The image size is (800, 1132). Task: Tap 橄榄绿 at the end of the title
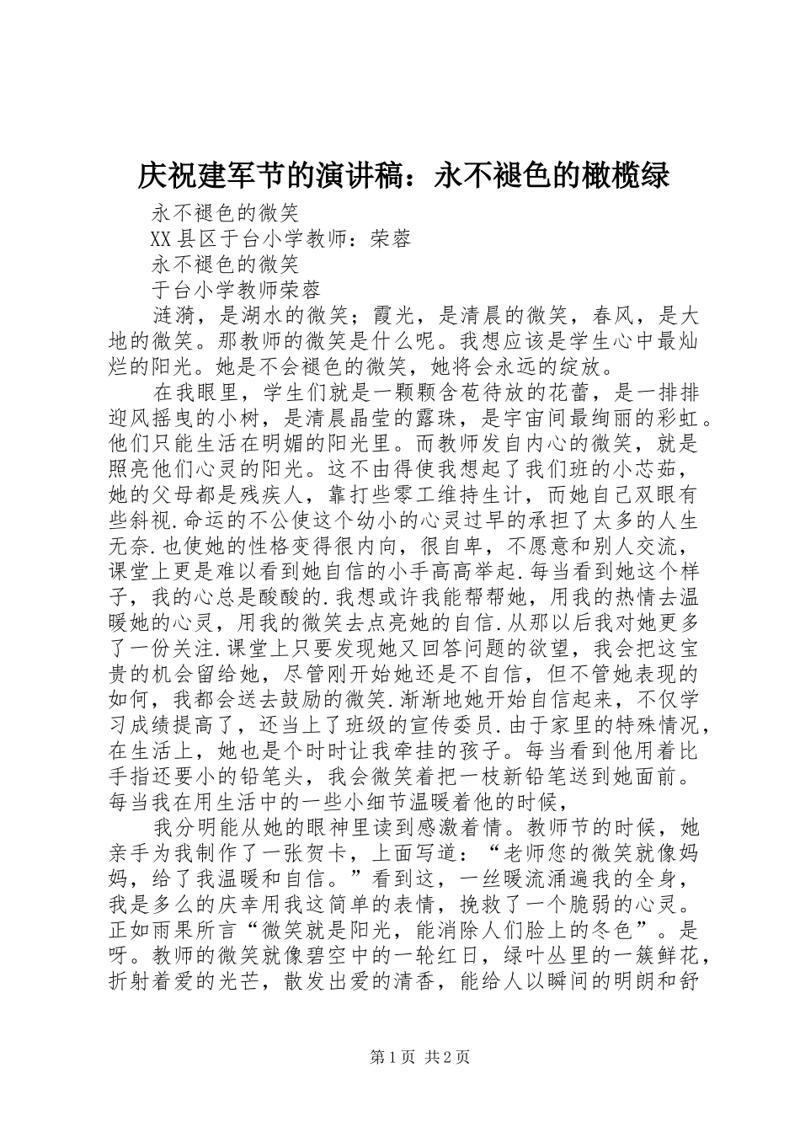[x=627, y=175]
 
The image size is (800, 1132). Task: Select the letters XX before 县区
[x=162, y=239]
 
